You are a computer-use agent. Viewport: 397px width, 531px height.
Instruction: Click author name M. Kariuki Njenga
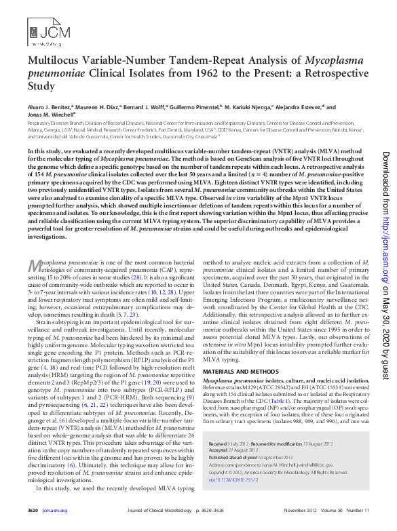[x=248, y=107]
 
